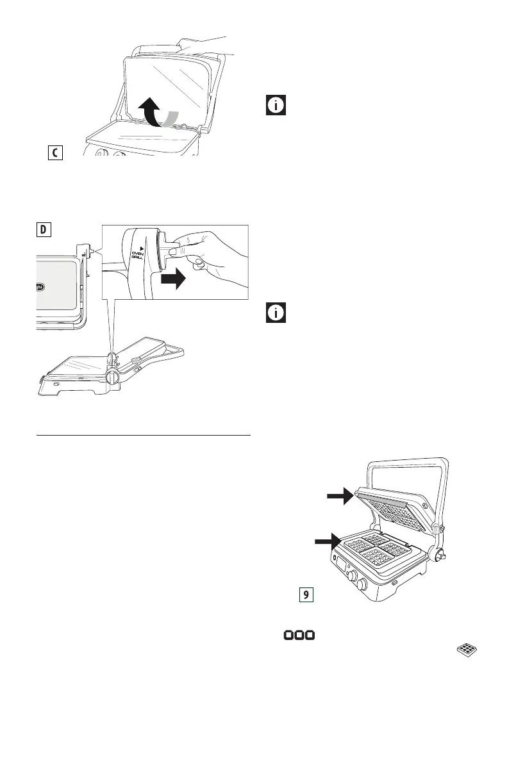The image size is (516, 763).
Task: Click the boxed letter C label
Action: point(55,153)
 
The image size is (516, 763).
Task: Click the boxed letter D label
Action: point(43,229)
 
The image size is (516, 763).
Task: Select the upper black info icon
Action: point(276,106)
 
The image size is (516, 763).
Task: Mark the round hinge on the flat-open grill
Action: point(112,376)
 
